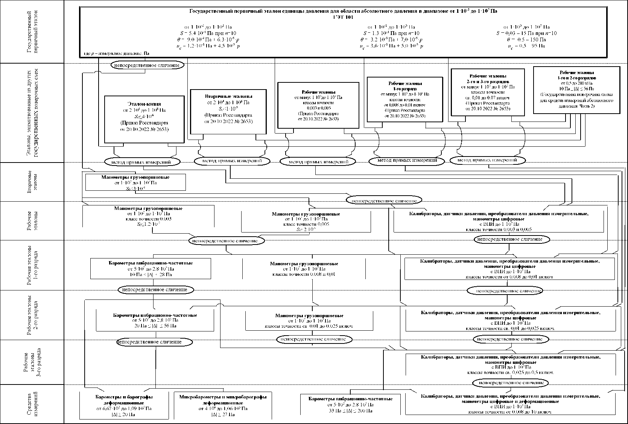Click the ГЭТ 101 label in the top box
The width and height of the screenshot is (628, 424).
[x=343, y=17]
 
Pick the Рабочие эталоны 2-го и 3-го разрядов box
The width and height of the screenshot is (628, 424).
[x=487, y=92]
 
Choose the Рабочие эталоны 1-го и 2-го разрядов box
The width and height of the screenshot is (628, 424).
[x=576, y=90]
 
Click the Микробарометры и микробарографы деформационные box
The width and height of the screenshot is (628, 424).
[x=223, y=406]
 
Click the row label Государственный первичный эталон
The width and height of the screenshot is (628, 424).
[x=33, y=32]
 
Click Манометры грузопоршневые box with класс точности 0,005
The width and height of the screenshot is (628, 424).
[x=306, y=222]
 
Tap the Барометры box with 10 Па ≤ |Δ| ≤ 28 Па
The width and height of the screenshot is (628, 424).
[x=150, y=268]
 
